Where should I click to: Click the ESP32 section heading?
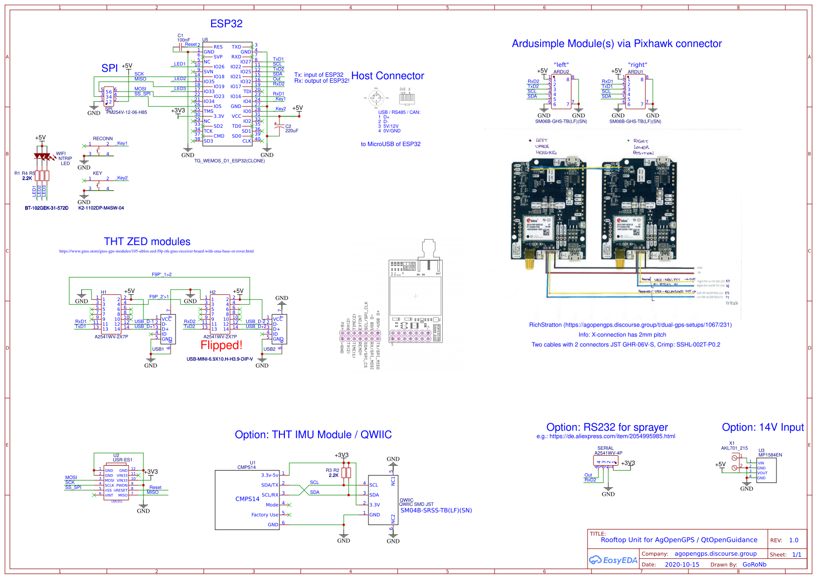[226, 24]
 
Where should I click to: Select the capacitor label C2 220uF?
[291, 129]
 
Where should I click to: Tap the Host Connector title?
[387, 76]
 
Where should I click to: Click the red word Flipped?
[221, 345]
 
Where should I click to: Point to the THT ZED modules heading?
[147, 241]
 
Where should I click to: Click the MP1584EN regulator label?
[770, 455]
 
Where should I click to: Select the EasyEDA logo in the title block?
[613, 560]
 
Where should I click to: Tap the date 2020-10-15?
[682, 565]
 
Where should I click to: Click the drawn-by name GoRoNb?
[754, 565]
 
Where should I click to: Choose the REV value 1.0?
[794, 540]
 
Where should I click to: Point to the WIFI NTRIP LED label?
[64, 158]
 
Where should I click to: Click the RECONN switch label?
[103, 139]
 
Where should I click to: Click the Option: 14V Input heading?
[763, 427]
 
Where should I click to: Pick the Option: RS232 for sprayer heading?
[607, 427]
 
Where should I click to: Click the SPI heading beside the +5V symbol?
[109, 68]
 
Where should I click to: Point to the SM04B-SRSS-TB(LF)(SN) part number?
[436, 510]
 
